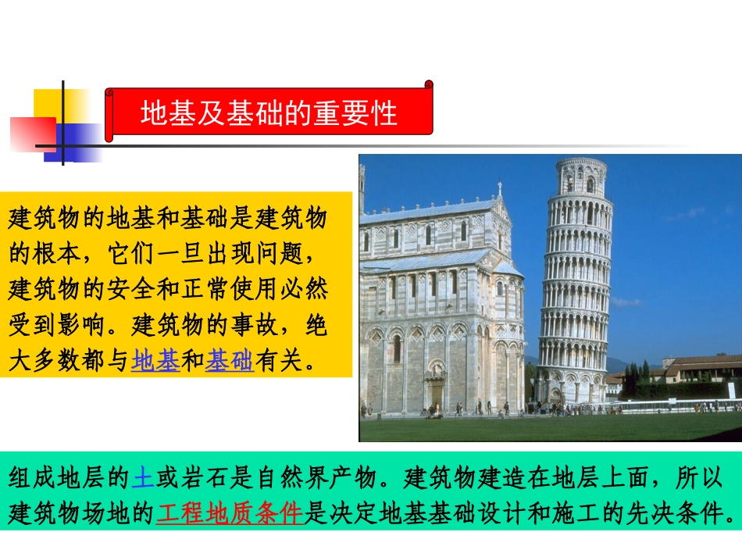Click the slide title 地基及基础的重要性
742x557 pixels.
click(x=269, y=114)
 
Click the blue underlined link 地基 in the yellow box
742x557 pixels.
click(x=155, y=360)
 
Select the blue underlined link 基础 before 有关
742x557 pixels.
click(x=229, y=360)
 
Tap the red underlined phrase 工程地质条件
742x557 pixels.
click(x=229, y=512)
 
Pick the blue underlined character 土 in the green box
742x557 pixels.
click(x=143, y=476)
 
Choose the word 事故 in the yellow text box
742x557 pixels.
click(x=254, y=324)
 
